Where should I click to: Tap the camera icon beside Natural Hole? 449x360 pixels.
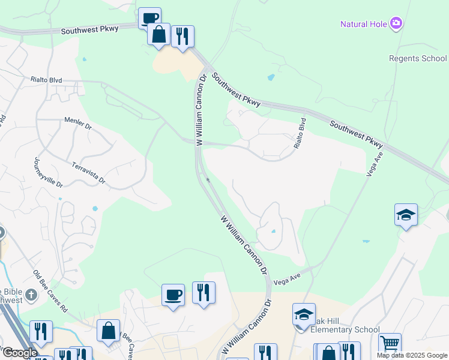coord(396,24)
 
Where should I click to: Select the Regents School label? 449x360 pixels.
coord(418,58)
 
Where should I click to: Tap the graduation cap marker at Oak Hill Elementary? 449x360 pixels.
coord(304,314)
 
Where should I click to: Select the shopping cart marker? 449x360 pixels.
coord(390,344)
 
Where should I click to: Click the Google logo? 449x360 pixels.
coord(20,353)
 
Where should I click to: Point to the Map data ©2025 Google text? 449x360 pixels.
coord(411,355)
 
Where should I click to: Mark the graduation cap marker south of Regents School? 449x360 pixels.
coord(406,215)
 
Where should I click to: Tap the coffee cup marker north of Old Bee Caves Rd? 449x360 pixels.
coord(173,295)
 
